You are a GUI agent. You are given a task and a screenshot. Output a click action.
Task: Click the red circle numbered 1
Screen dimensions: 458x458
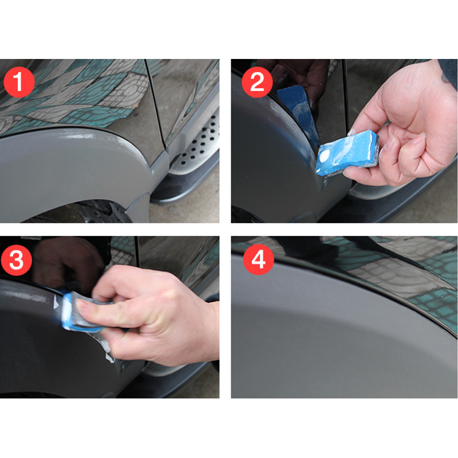click(19, 82)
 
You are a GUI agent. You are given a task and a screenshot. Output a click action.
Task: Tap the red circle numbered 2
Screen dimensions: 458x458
click(257, 82)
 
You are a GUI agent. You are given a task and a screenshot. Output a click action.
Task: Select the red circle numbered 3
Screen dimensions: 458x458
click(17, 260)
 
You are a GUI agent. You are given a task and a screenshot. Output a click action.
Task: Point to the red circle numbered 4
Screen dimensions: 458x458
click(259, 259)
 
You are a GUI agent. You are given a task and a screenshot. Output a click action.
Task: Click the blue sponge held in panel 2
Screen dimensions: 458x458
click(347, 153)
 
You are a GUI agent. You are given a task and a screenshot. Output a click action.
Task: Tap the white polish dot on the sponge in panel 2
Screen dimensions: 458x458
click(324, 157)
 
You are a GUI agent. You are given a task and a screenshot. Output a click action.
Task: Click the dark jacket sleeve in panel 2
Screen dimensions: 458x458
click(449, 73)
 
